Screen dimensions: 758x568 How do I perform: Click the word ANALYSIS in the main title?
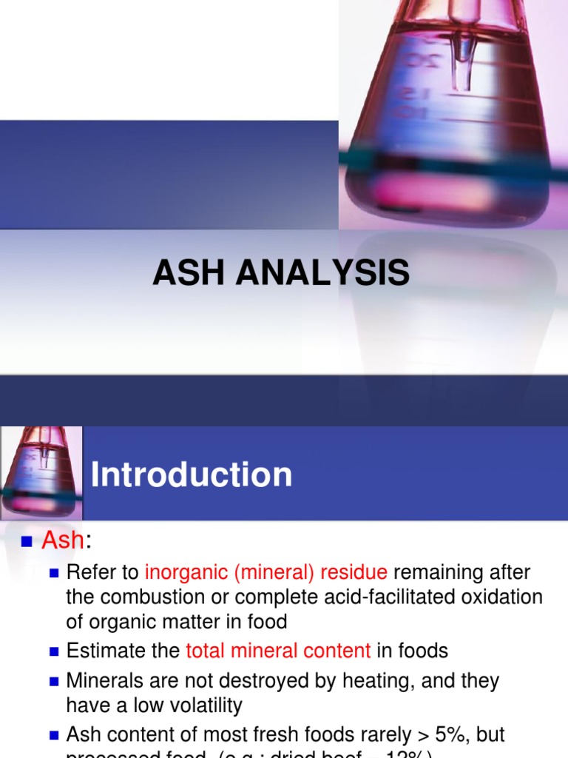click(323, 273)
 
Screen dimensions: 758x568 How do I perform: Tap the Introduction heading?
click(192, 474)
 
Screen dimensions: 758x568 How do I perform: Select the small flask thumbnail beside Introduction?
click(41, 472)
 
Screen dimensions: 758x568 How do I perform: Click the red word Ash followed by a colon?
click(63, 541)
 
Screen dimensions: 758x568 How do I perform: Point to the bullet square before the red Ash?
click(27, 542)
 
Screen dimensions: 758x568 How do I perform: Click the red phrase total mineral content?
click(278, 651)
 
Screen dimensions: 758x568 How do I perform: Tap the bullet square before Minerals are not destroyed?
click(53, 681)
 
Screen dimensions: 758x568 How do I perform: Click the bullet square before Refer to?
click(53, 572)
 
